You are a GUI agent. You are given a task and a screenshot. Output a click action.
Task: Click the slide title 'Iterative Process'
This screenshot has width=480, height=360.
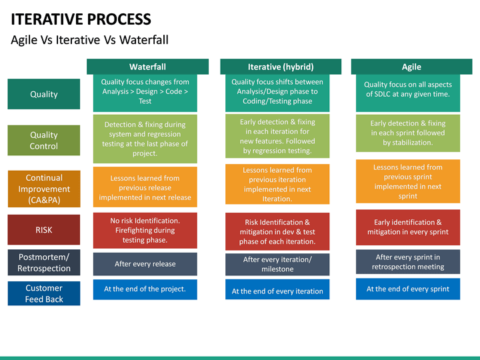81,19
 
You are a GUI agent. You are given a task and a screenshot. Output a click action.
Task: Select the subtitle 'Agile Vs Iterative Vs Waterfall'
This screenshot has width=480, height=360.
89,40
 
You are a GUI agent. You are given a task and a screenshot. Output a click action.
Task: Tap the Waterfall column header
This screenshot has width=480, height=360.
147,67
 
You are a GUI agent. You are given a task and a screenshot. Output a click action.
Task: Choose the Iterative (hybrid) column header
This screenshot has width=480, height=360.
280,67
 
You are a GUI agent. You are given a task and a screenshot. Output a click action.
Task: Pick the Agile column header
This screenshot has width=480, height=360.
411,67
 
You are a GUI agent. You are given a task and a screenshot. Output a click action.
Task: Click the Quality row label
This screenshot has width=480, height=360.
44,94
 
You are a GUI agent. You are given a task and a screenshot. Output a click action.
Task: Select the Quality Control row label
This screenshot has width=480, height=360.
44,140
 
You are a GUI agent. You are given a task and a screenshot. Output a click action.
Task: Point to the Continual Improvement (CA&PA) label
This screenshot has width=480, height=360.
44,189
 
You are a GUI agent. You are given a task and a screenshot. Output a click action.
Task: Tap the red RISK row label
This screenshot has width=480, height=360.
44,230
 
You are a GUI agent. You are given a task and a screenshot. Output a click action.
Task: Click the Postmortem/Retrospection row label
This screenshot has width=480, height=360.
44,263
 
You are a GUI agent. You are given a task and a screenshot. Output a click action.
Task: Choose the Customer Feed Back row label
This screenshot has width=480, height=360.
44,294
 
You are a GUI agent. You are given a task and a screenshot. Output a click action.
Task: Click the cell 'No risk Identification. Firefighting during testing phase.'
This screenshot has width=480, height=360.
145,230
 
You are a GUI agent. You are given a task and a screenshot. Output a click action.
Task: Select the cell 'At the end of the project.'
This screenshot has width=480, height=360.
145,289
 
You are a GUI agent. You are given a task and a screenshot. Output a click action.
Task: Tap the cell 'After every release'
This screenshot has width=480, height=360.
145,264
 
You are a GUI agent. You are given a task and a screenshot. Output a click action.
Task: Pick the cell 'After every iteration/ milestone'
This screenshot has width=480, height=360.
277,264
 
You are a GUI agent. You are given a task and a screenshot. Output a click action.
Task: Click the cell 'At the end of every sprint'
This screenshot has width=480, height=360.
408,289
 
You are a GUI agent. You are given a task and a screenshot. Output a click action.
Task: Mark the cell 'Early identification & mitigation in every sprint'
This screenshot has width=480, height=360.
408,227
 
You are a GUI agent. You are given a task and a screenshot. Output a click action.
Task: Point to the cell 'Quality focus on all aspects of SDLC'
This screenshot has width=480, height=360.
408,89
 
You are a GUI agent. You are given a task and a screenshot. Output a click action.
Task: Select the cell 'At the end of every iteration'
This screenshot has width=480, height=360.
277,291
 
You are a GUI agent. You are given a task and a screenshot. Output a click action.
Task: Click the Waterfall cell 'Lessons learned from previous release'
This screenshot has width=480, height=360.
145,187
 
